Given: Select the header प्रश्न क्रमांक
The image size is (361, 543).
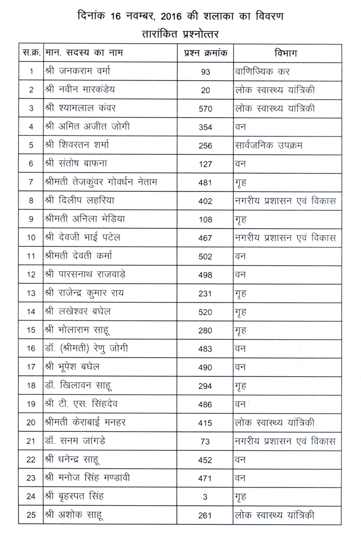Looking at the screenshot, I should click(x=205, y=53).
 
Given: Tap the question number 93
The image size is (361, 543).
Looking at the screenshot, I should click(x=205, y=71).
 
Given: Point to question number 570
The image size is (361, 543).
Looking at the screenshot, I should click(x=205, y=108).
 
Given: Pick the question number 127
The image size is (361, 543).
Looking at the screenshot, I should click(x=205, y=164).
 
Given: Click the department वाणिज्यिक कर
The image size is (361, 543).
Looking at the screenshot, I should click(x=262, y=71).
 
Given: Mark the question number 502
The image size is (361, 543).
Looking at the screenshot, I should click(x=205, y=257).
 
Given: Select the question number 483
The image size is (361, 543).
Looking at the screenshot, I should click(x=205, y=349).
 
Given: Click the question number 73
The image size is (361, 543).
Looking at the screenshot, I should click(x=205, y=442).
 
